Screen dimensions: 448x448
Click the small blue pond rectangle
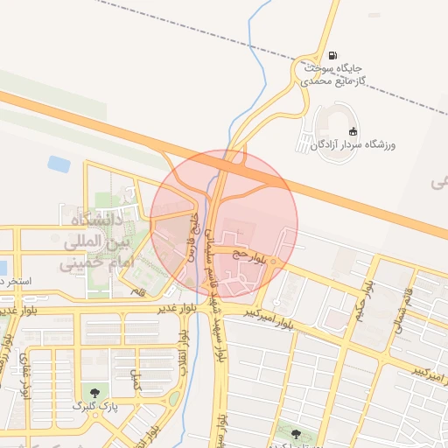59,164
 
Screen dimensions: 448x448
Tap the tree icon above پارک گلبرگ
94,392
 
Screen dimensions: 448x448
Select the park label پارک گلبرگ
94,406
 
